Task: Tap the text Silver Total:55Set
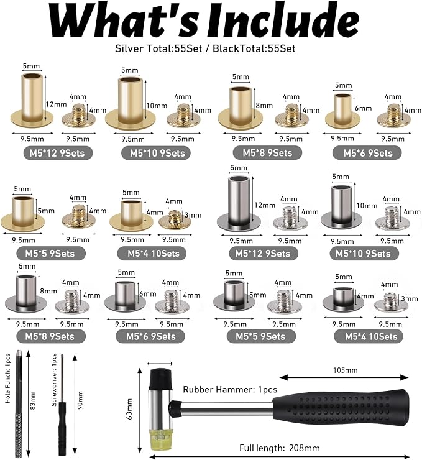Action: point(158,48)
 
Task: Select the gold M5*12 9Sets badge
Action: point(58,153)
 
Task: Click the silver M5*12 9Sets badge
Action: point(263,254)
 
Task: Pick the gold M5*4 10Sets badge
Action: point(152,254)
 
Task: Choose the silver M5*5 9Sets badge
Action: point(261,336)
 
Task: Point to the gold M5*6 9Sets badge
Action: point(367,153)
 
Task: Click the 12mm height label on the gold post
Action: point(56,104)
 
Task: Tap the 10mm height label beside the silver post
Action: point(367,205)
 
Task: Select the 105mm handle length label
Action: point(345,370)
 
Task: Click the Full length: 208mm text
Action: point(279,448)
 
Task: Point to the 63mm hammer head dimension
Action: point(130,408)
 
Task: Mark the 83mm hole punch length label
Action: point(32,400)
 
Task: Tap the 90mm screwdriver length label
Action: point(80,400)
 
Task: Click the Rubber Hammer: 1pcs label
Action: point(230,390)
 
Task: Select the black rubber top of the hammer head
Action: point(160,379)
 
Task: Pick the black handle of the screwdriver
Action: point(62,428)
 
